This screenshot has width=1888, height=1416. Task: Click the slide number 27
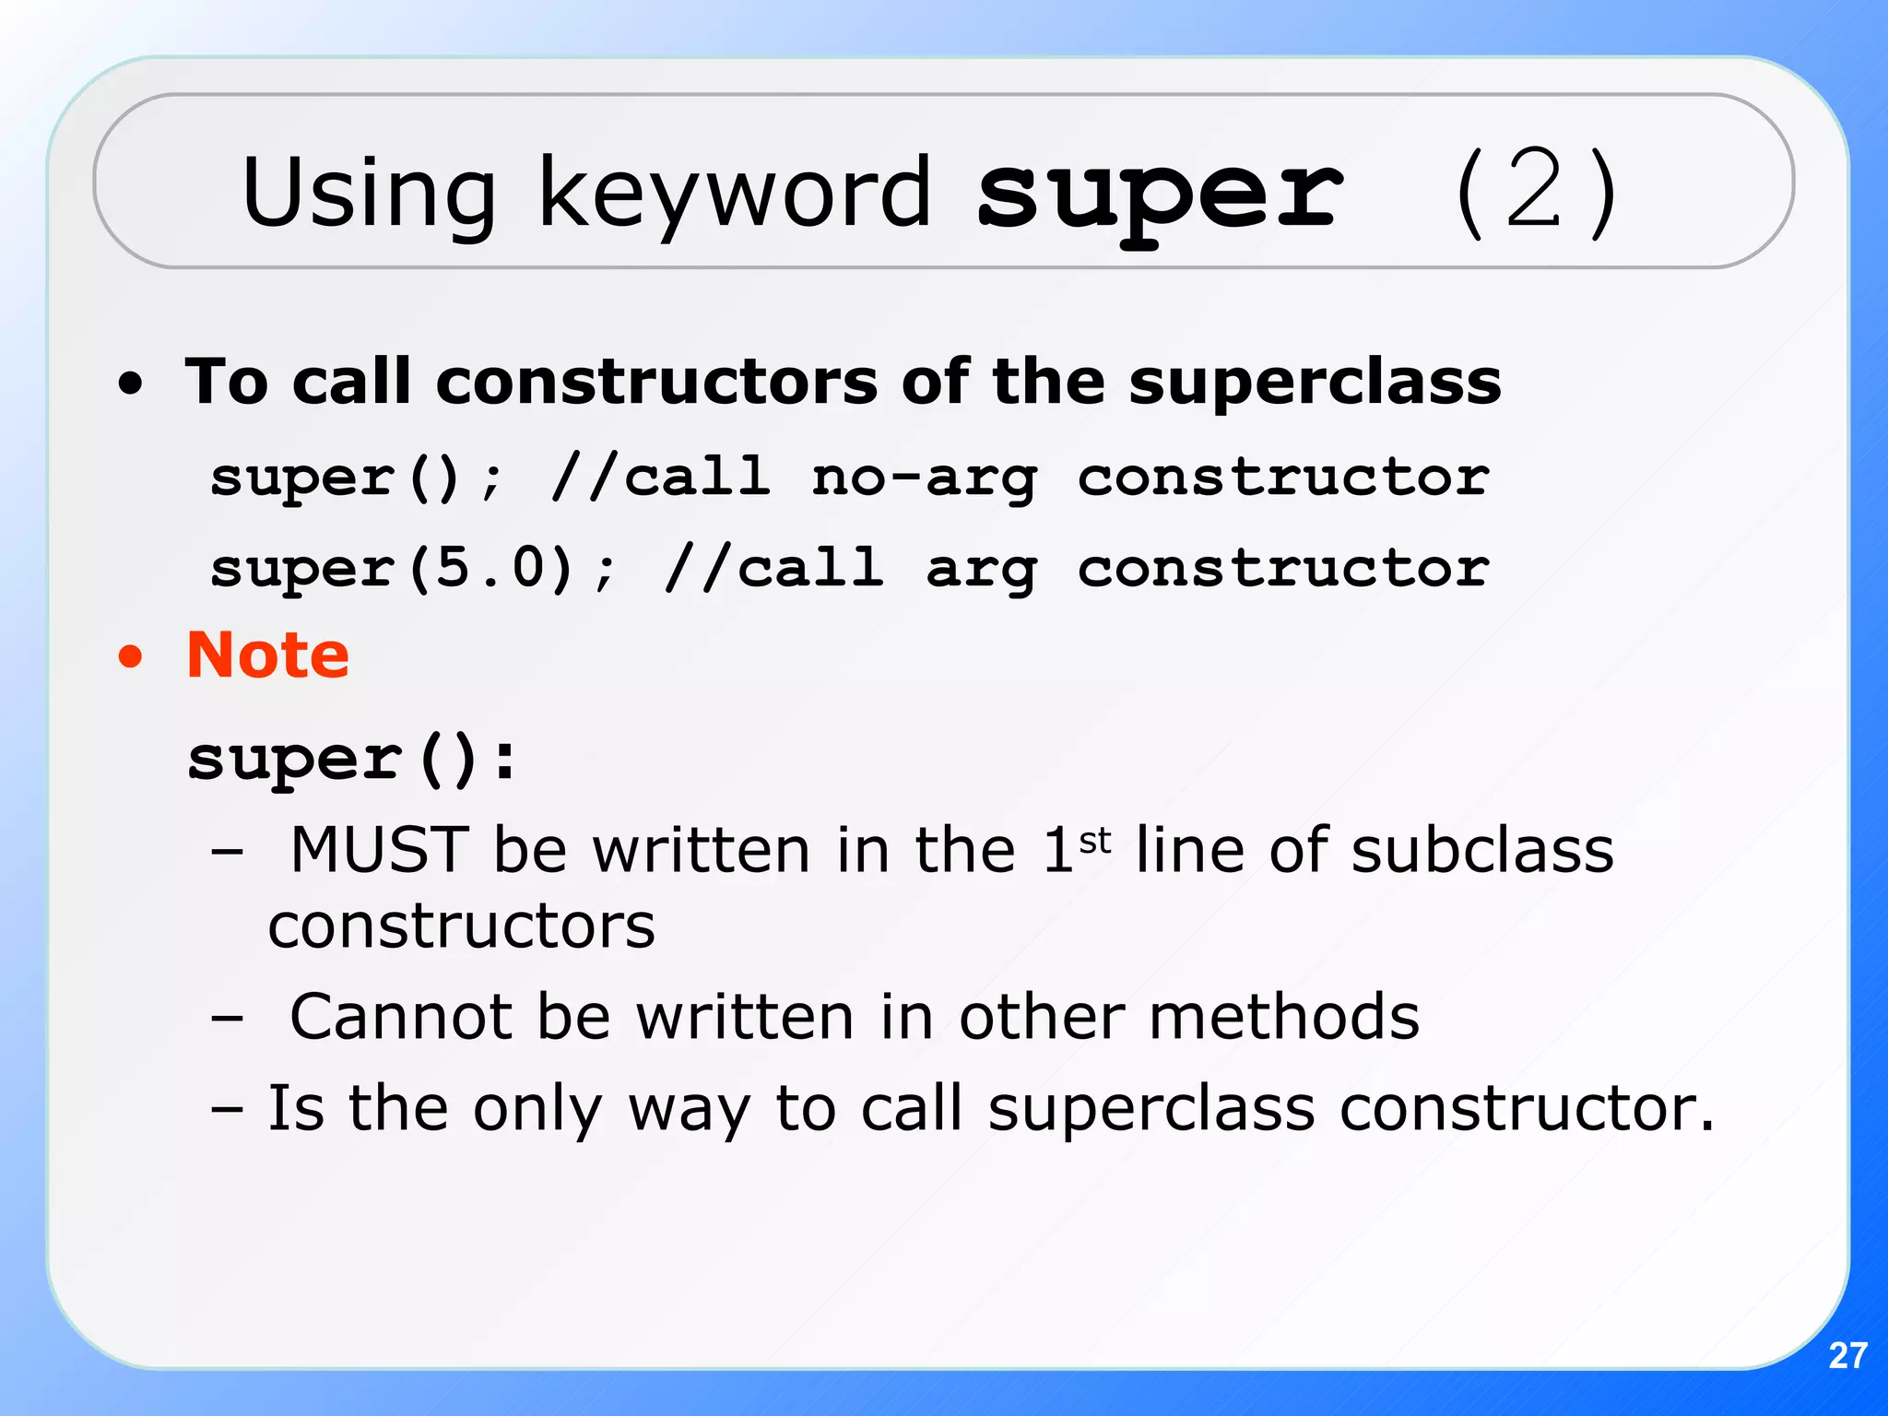coord(1847,1355)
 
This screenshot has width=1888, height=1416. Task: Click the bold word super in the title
coord(1160,194)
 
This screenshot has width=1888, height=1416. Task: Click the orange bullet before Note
coord(131,656)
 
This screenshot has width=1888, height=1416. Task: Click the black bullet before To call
coord(131,383)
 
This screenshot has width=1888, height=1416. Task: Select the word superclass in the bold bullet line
coord(1315,383)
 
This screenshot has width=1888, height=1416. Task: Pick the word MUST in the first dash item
coord(379,849)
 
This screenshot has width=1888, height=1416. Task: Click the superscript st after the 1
coord(1094,840)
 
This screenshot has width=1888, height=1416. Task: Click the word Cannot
coord(400,1017)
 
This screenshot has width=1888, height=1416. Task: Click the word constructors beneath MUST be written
coord(461,926)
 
